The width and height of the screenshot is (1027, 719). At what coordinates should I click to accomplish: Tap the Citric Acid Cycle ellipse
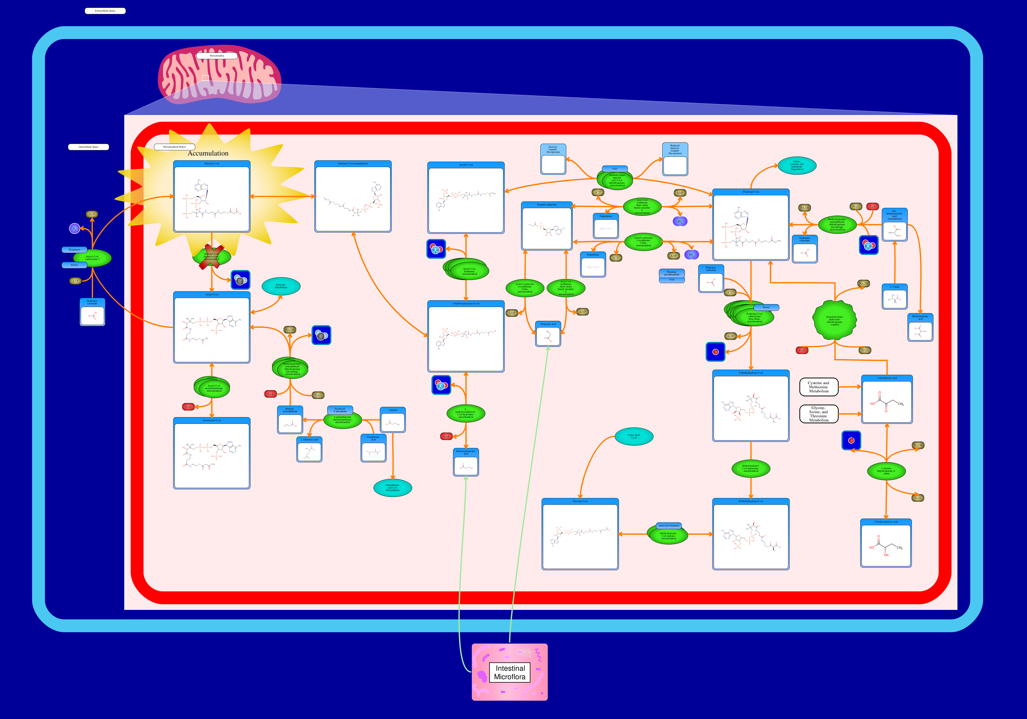coord(634,436)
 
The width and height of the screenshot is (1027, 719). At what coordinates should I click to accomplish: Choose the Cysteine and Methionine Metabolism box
coord(819,387)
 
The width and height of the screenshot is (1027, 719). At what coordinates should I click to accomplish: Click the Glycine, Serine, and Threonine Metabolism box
coord(819,414)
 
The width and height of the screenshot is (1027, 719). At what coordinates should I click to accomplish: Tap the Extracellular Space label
coord(105,11)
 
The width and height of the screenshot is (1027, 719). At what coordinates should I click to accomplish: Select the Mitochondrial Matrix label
coord(174,147)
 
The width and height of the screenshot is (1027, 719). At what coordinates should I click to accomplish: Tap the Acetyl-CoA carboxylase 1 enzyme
coord(92,258)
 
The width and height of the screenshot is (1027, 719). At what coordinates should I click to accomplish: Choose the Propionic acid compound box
coord(548,334)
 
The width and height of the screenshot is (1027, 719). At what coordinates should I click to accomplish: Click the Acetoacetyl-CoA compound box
coord(212,453)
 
